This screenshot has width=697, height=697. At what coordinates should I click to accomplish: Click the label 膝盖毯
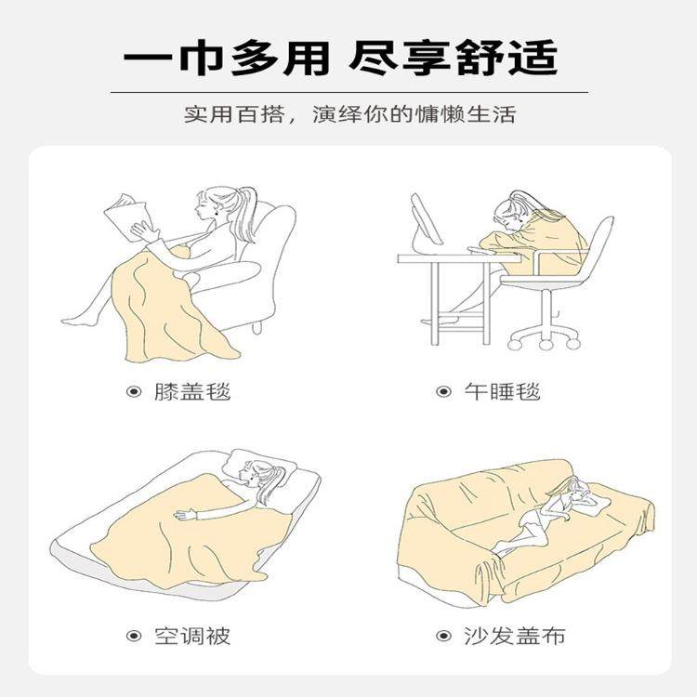[x=191, y=391]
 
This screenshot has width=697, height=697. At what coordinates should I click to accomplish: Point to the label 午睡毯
[x=502, y=391]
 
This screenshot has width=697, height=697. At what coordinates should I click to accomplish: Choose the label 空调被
[x=191, y=637]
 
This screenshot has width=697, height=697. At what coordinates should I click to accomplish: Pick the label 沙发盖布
[x=514, y=637]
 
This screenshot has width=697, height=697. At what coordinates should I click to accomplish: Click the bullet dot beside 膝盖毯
[x=134, y=391]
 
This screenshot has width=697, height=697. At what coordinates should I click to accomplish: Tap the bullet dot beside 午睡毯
[x=443, y=391]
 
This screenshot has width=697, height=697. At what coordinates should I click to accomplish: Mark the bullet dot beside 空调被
[x=134, y=637]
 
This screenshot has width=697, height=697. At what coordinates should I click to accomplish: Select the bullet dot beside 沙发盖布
[x=443, y=637]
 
